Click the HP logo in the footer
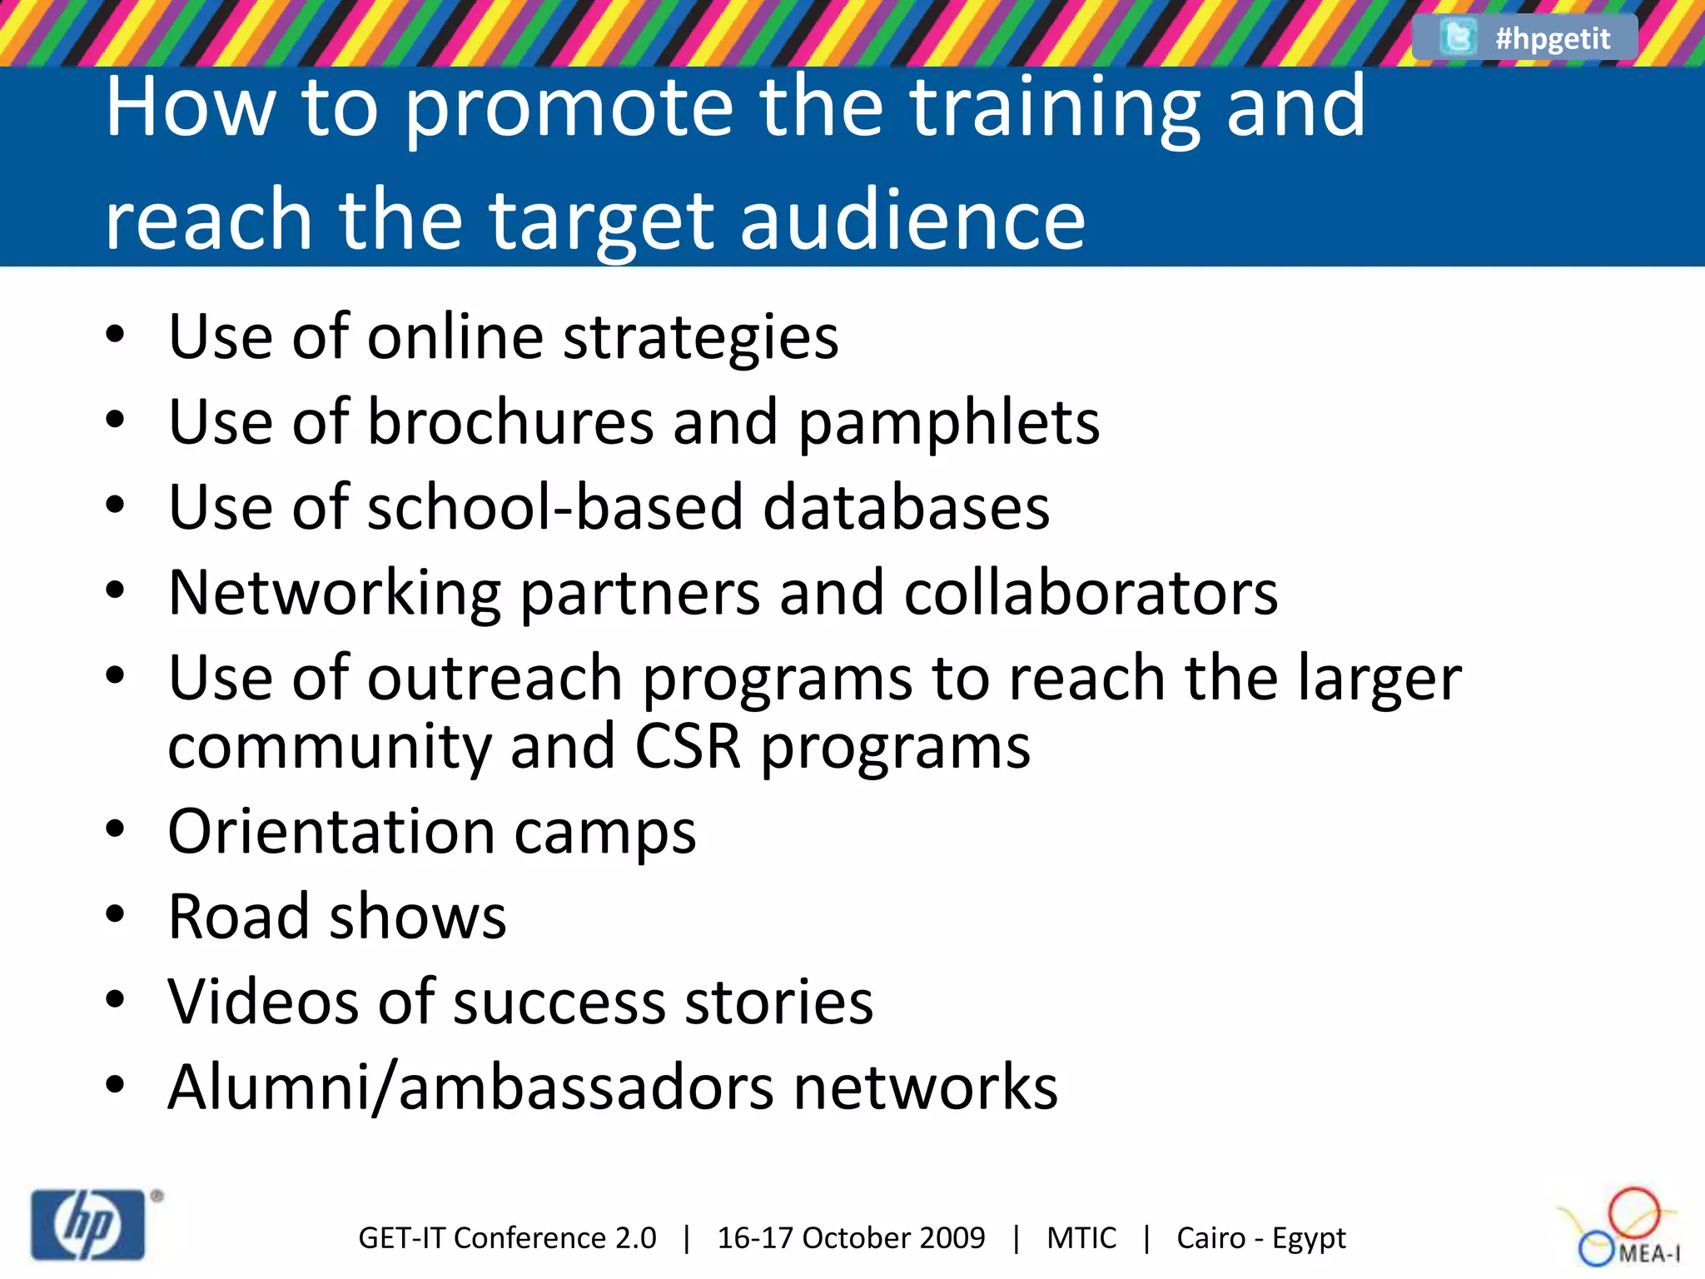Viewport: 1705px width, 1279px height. [x=88, y=1225]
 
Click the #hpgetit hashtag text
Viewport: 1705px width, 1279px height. [x=1553, y=38]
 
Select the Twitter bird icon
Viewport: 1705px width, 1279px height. [x=1458, y=37]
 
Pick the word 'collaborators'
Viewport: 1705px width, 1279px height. [x=1091, y=593]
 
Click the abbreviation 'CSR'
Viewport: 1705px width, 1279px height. [x=688, y=746]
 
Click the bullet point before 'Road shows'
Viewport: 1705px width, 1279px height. [x=115, y=915]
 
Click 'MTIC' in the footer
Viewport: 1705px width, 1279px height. [x=1081, y=1238]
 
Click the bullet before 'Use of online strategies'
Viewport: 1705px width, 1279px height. [x=115, y=336]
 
